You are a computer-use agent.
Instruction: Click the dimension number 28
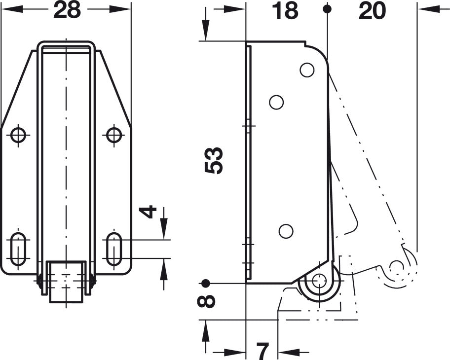pos(67,10)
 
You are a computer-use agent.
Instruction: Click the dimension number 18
pos(285,10)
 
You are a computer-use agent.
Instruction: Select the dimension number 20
pos(372,10)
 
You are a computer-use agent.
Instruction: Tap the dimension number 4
pos(148,212)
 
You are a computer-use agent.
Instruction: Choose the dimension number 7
pos(262,351)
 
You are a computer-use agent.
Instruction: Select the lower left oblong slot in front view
pos(18,250)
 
